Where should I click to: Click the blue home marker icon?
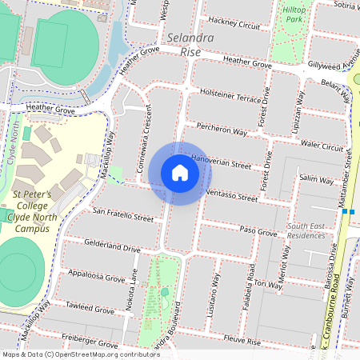pyautogui.click(x=180, y=173)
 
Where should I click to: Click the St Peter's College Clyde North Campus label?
pyautogui.click(x=32, y=211)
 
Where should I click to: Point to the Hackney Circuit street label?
pyautogui.click(x=234, y=22)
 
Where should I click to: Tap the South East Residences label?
pyautogui.click(x=306, y=230)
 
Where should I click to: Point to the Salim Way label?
pyautogui.click(x=315, y=180)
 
